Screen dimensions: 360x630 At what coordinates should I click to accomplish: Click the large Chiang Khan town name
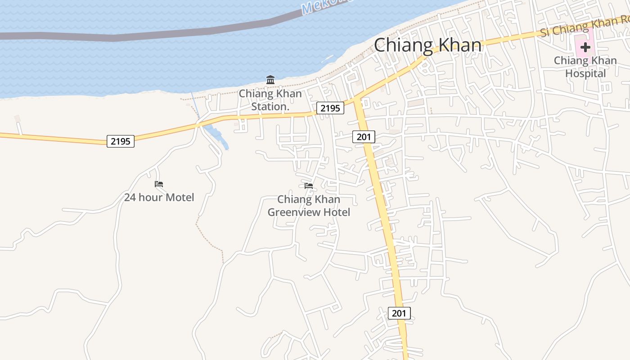[427, 45]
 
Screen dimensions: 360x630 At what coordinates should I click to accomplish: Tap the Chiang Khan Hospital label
[585, 67]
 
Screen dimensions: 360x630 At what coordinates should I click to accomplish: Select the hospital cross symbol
[585, 47]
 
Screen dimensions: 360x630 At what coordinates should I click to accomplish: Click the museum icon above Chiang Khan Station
[270, 80]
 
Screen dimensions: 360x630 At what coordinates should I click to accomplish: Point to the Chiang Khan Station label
[270, 100]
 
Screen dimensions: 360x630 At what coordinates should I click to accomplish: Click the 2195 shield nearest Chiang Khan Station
[330, 108]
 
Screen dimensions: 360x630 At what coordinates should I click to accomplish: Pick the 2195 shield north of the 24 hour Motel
[121, 141]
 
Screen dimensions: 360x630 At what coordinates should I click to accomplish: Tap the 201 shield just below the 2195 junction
[364, 137]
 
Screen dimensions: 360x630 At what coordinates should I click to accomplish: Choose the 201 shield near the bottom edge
[399, 313]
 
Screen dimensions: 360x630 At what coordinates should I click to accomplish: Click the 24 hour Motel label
[159, 197]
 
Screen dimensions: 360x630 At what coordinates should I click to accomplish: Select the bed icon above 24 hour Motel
[159, 184]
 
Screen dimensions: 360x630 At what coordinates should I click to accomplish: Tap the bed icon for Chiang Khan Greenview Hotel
[309, 185]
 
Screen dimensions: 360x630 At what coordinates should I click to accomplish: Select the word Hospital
[585, 73]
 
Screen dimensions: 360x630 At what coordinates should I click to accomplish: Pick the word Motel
[180, 197]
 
